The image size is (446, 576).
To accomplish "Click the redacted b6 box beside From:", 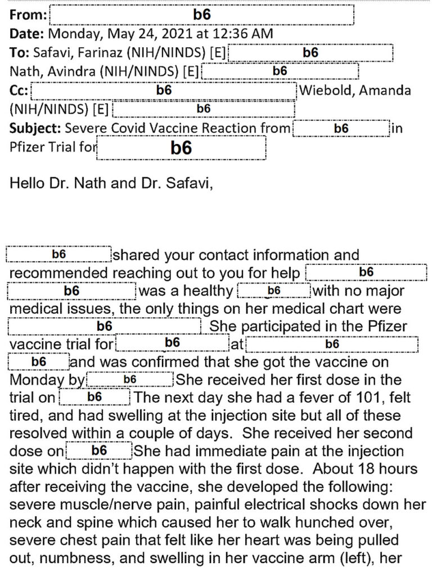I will click(201, 15).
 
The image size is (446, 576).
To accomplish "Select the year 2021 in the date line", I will click(181, 34).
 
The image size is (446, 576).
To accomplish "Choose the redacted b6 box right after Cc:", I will click(164, 91).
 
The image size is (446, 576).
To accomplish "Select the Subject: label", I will click(35, 128).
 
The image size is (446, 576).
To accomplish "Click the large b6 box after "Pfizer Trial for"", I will click(181, 148).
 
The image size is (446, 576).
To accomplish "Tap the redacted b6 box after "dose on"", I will click(99, 451).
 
